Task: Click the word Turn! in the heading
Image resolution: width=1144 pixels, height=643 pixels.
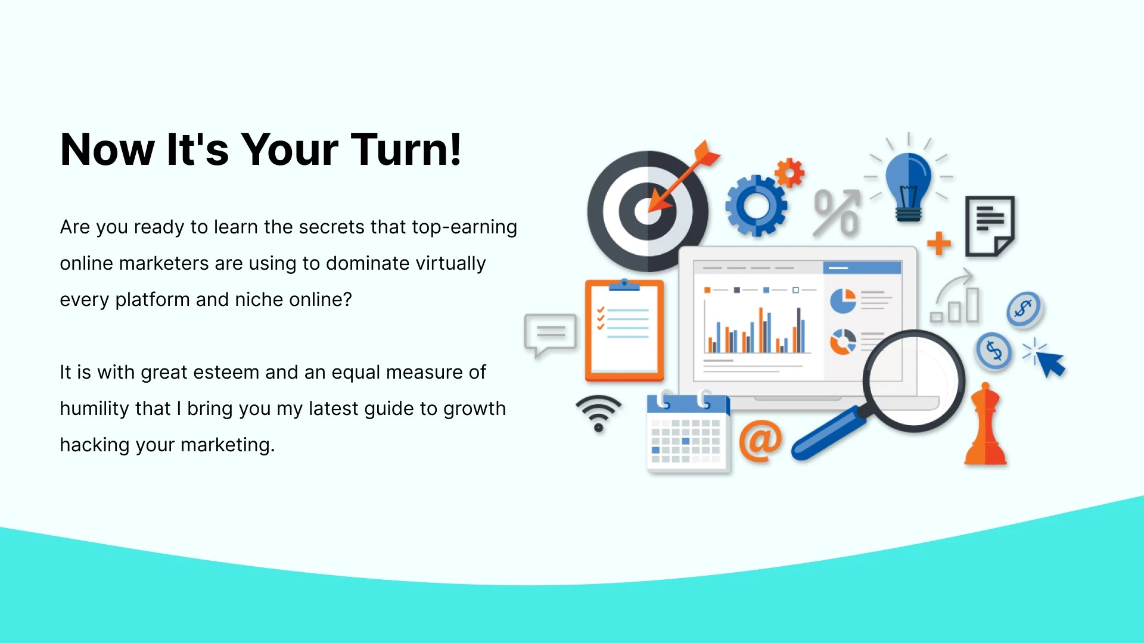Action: [x=406, y=149]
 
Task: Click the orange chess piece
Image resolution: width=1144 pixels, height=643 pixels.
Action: [x=986, y=424]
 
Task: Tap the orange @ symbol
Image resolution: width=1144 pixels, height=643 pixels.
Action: [x=760, y=441]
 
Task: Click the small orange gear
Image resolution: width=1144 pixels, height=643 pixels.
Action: [x=789, y=173]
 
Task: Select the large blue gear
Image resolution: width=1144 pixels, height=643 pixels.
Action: [x=757, y=206]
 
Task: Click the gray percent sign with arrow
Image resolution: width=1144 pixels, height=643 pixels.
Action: [x=837, y=213]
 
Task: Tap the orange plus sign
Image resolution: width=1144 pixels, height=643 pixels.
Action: [x=939, y=243]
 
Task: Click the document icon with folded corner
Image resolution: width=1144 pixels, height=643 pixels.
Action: [x=990, y=226]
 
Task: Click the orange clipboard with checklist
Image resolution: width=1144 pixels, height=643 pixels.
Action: [x=624, y=330]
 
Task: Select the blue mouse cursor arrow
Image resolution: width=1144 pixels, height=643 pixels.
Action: [x=1050, y=363]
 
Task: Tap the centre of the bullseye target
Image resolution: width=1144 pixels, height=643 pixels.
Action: [x=648, y=211]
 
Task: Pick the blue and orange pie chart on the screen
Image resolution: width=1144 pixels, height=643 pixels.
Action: [x=843, y=301]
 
